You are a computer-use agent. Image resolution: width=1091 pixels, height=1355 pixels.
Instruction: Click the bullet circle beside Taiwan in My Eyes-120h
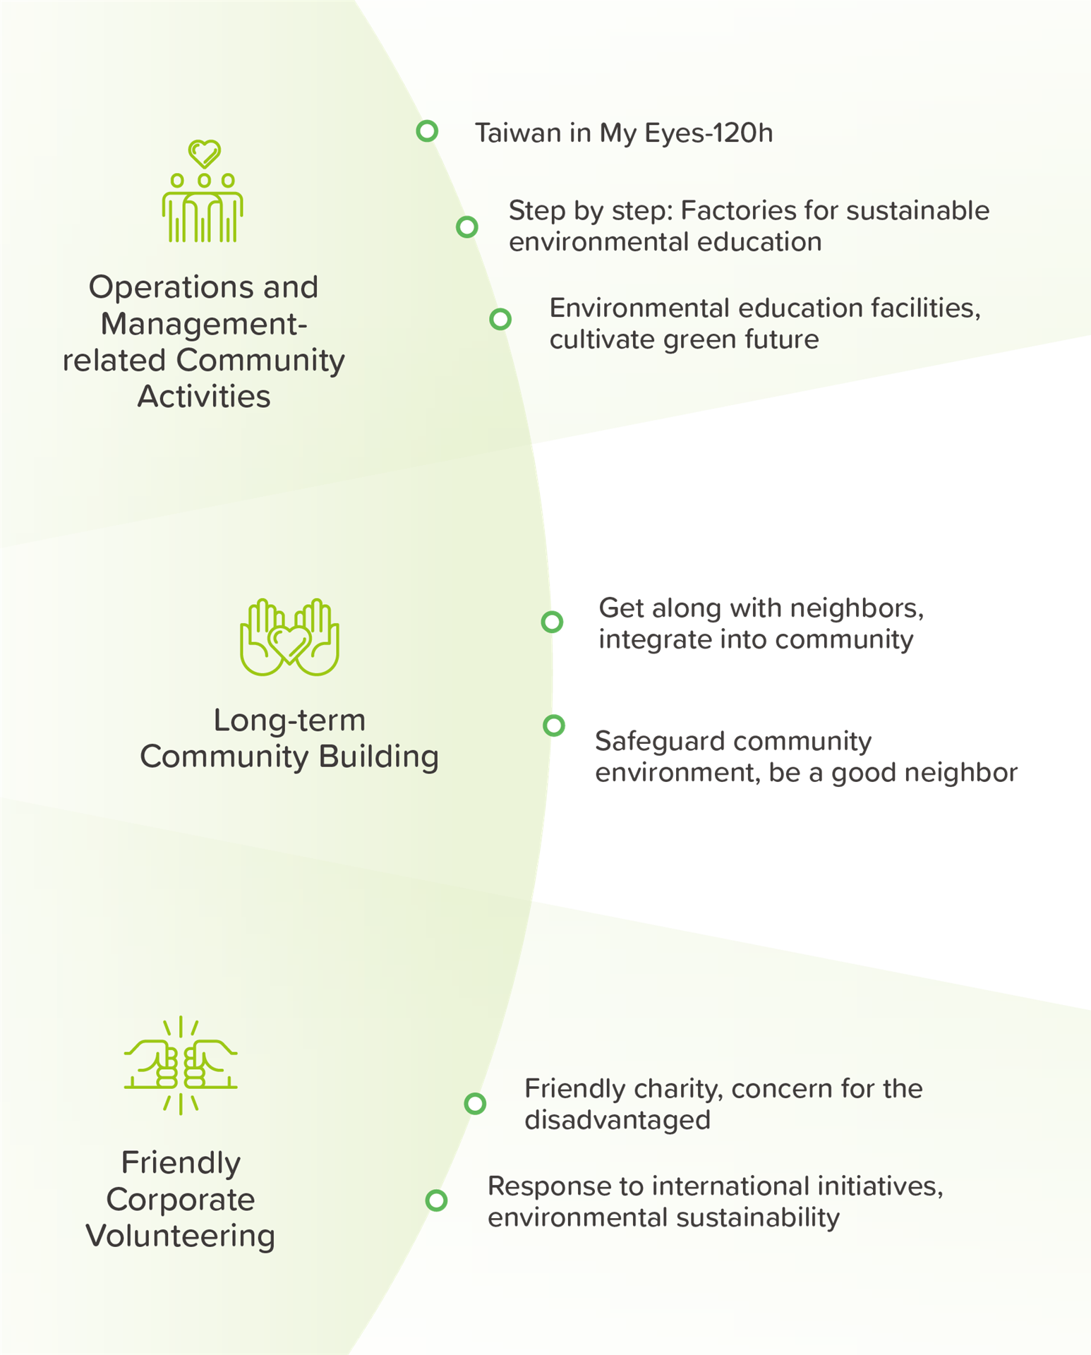[427, 131]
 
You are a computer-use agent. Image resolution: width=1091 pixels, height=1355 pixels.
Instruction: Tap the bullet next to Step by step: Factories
[466, 227]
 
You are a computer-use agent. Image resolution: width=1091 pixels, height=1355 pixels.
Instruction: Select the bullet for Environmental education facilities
[500, 319]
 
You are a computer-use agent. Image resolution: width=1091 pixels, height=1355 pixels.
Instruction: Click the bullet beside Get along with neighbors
[552, 622]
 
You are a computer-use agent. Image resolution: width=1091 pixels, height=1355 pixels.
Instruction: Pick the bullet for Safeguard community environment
[554, 725]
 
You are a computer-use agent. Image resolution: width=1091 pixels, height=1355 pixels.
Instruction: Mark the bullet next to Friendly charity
[475, 1103]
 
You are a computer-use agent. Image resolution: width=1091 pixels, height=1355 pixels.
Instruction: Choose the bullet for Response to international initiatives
[436, 1200]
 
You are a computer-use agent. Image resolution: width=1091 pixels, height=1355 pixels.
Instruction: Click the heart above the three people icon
[205, 153]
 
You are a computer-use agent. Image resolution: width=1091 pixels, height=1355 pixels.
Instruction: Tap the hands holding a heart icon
[289, 637]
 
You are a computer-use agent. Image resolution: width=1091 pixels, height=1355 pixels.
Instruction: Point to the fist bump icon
[181, 1066]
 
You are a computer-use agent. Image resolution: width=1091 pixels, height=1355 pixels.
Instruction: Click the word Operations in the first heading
[171, 287]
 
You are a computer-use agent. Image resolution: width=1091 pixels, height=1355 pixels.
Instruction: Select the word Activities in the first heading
[204, 397]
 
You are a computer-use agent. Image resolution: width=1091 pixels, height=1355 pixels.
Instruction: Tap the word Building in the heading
[378, 757]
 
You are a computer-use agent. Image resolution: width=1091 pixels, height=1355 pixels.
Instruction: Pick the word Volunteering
[181, 1236]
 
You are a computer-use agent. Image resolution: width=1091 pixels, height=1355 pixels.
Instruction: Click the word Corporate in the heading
[181, 1200]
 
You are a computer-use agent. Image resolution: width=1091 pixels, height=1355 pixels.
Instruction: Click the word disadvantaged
[617, 1121]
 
